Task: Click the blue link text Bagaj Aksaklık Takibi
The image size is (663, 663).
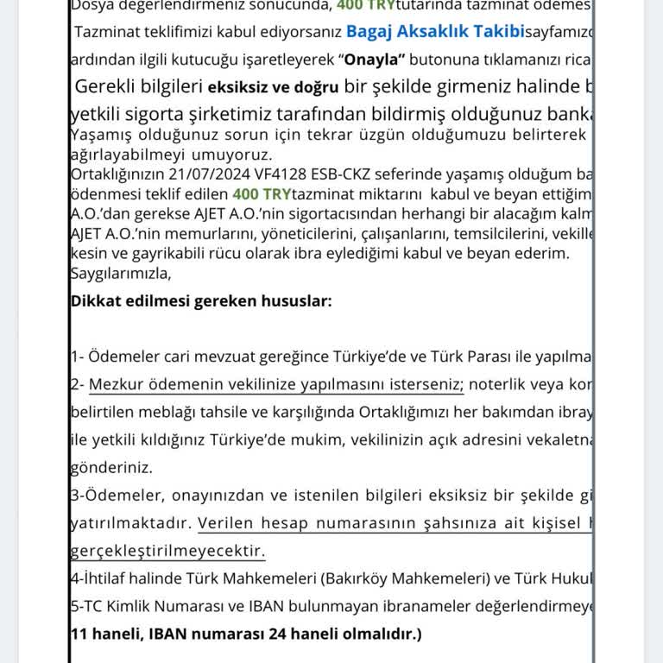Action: click(x=435, y=32)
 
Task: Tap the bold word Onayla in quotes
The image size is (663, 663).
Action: click(x=375, y=60)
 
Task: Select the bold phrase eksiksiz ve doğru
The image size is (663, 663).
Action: click(x=273, y=87)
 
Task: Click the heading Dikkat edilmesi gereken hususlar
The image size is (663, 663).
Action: click(x=200, y=301)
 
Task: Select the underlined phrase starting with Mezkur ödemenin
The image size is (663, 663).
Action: click(x=276, y=384)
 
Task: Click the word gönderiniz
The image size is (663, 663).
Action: click(x=111, y=467)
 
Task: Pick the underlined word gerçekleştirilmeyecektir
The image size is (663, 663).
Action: click(x=167, y=551)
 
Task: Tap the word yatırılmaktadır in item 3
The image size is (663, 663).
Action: click(x=129, y=523)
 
